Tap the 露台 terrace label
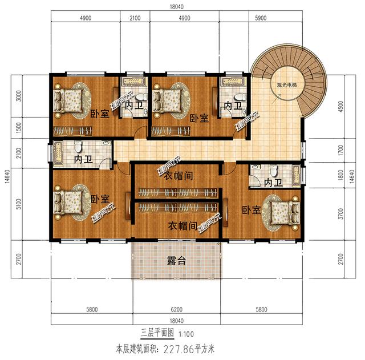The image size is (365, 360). click(176, 261)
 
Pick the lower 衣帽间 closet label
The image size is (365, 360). click(183, 225)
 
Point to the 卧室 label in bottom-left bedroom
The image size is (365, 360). click(100, 199)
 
